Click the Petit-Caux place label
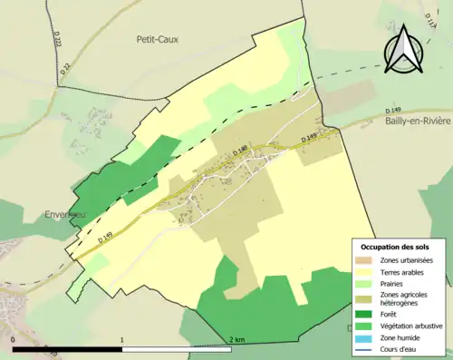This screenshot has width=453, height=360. click(157, 39)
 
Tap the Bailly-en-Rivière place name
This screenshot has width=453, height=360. click(413, 121)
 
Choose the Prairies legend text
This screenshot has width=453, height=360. click(392, 284)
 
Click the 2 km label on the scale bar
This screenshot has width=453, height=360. click(236, 339)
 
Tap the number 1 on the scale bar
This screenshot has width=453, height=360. click(122, 339)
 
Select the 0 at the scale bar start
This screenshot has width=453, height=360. click(13, 339)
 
